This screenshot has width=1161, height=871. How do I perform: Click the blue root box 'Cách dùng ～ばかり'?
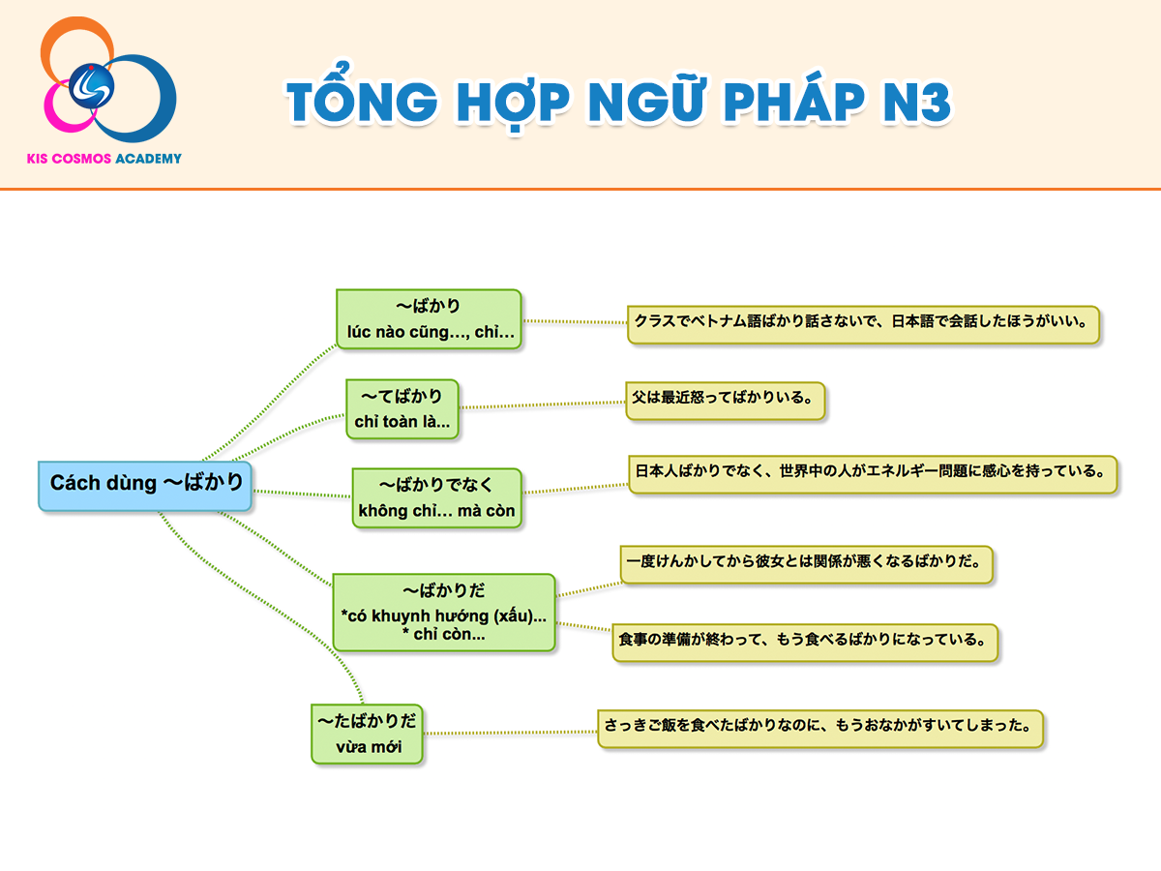[145, 486]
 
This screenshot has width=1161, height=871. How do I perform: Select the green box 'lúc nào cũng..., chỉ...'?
[429, 319]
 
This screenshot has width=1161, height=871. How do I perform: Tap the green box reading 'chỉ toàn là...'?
[402, 408]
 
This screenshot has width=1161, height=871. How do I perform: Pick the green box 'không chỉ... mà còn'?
[437, 497]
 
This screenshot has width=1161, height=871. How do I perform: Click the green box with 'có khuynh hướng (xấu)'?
[444, 613]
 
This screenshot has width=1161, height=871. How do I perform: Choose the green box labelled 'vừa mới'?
[367, 734]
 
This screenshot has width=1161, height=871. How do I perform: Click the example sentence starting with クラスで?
[863, 324]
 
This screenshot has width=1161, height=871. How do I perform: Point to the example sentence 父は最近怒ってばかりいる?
[726, 401]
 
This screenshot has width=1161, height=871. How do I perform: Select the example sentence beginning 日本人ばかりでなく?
[873, 474]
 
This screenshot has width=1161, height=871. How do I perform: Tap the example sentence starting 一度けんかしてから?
[807, 565]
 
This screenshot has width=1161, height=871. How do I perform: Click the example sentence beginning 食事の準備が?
[805, 643]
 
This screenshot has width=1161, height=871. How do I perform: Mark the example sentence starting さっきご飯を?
[820, 729]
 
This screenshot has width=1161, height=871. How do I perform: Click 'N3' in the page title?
[916, 102]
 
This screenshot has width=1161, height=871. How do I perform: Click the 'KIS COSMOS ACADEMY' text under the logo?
[104, 159]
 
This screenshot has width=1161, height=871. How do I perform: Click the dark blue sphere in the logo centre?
[92, 86]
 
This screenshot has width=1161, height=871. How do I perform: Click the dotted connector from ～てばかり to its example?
[542, 405]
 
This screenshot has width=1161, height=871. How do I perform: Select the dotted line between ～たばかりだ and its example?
[511, 733]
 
